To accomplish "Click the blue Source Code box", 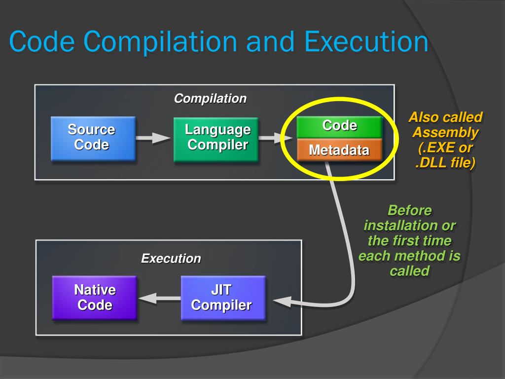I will [x=93, y=138].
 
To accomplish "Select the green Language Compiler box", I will [x=216, y=139].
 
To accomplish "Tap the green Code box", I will [x=340, y=126].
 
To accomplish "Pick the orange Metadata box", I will [x=340, y=150].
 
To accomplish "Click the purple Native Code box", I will [x=95, y=298].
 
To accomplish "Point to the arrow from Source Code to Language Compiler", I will [x=153, y=138].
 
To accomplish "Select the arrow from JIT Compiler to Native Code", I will [x=158, y=298].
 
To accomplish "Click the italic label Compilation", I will [x=210, y=99].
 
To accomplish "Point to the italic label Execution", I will [x=171, y=259].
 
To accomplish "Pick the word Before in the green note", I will [x=410, y=211].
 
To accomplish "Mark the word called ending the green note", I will [x=409, y=271].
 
